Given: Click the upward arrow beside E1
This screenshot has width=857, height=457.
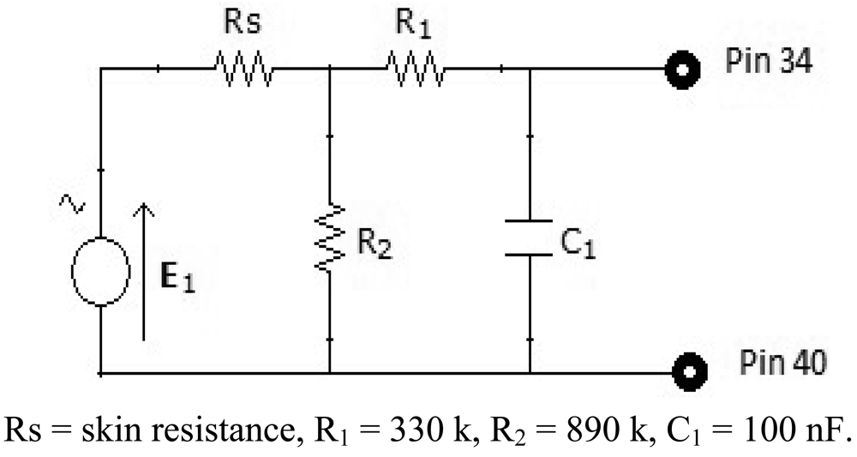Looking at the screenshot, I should click(145, 270).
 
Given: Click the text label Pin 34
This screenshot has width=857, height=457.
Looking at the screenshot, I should click(767, 63).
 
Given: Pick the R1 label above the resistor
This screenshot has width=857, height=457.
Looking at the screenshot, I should click(413, 25).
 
